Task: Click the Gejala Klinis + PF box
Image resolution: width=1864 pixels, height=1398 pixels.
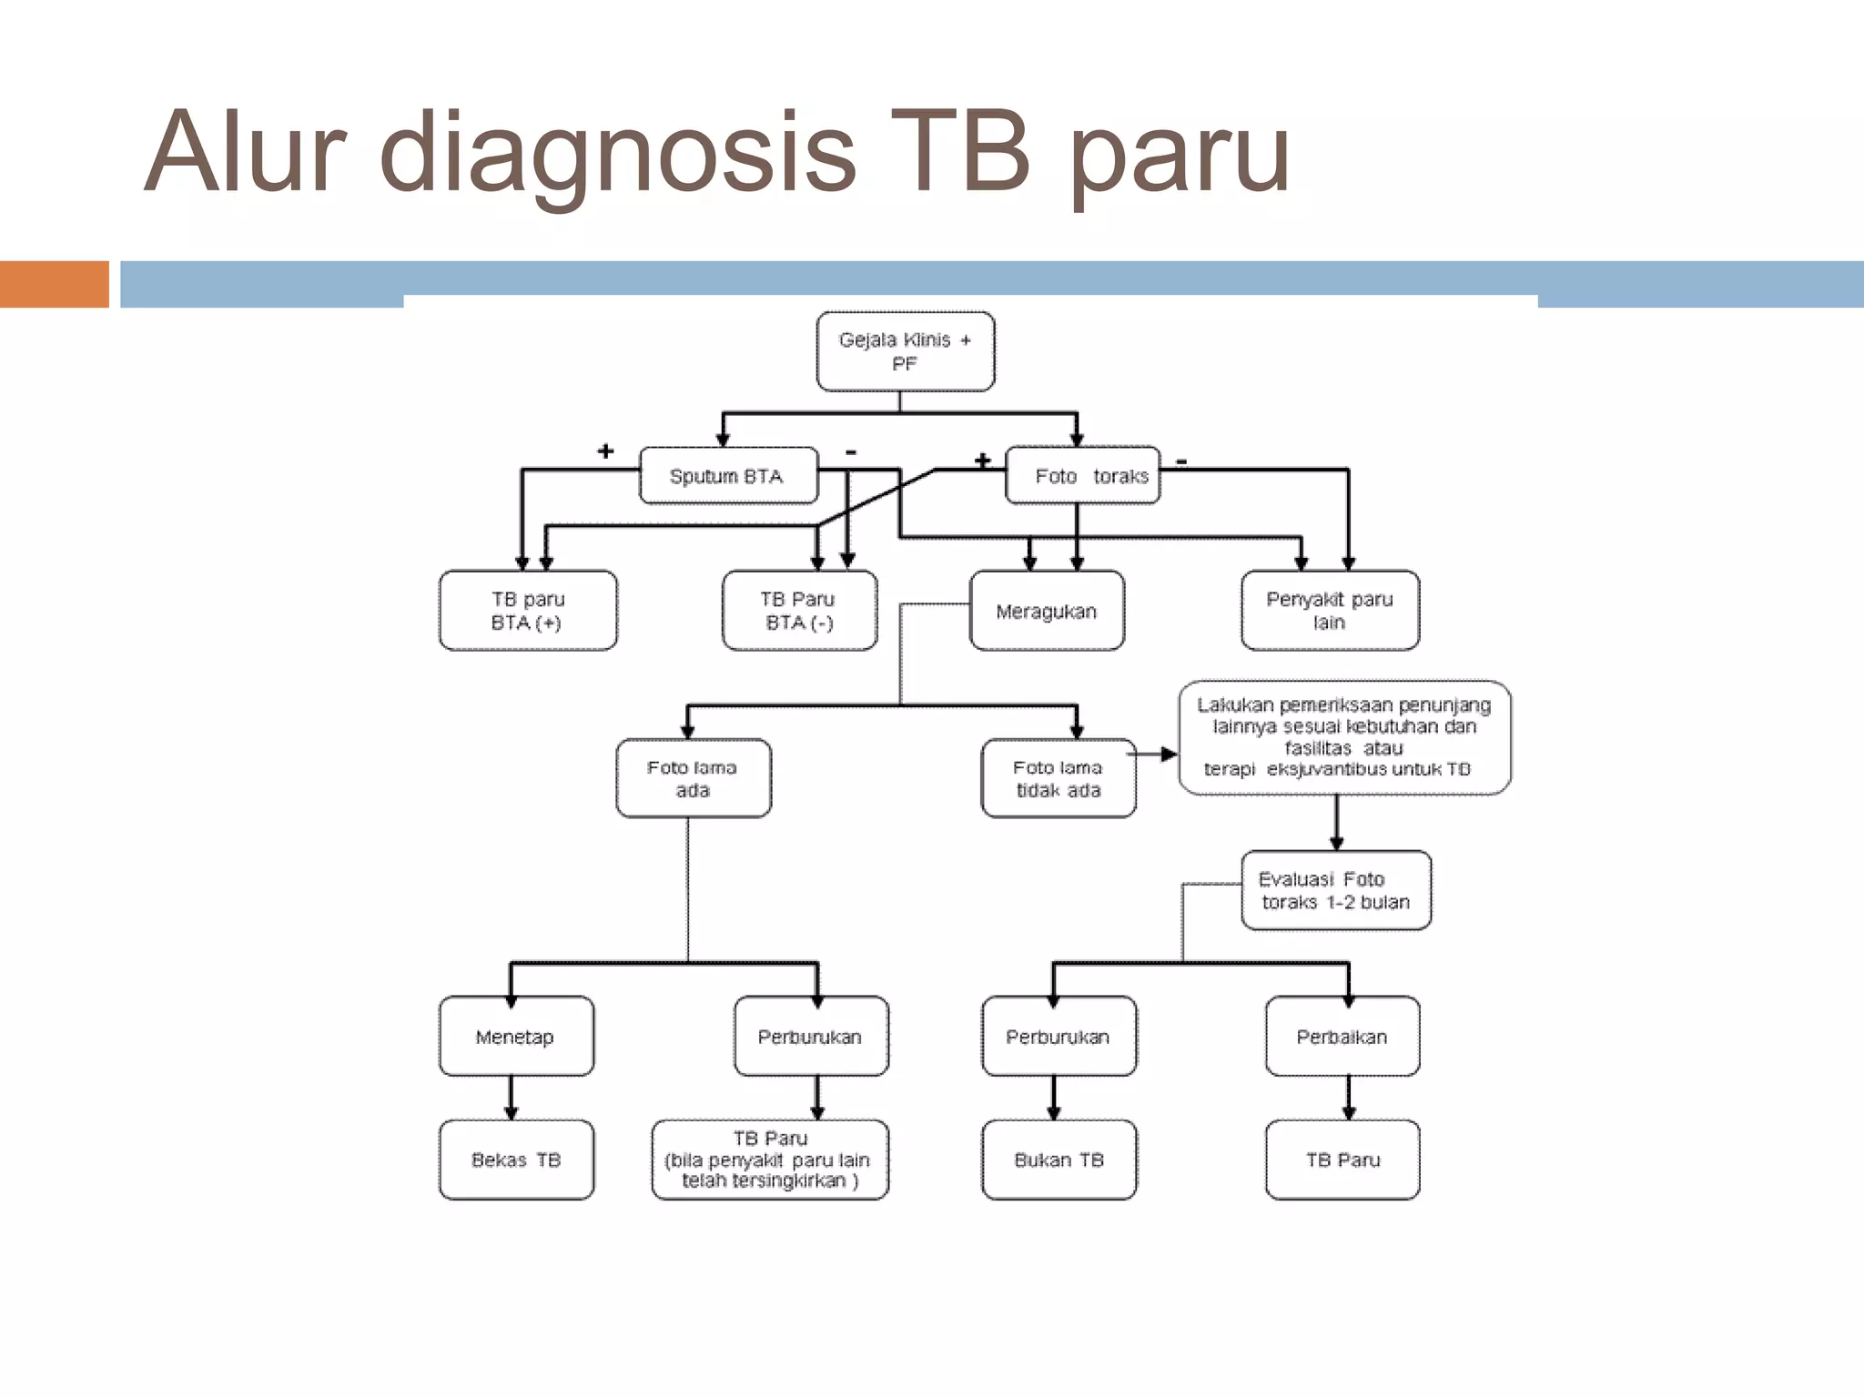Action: pos(905,351)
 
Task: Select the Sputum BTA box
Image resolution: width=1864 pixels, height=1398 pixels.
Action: pos(728,475)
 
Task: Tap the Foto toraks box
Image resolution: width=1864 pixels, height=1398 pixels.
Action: pos(1082,475)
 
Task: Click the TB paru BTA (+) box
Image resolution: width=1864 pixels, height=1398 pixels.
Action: pos(528,611)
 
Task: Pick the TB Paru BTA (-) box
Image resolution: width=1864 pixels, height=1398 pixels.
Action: pos(799,611)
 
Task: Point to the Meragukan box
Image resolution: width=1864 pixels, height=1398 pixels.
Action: pos(1047,611)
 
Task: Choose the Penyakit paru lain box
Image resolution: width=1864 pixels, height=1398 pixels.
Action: pos(1330,611)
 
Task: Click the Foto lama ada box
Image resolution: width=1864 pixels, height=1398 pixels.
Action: pos(693,778)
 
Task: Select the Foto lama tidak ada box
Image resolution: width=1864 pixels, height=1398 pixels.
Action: pos(1058,778)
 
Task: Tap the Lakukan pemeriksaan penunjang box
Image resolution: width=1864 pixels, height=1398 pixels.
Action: pos(1343,737)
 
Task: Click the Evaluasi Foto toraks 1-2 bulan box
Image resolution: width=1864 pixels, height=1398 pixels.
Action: pos(1335,890)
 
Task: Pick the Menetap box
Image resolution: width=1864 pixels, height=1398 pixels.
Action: pos(515,1036)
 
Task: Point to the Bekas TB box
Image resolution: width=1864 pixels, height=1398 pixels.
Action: pos(516,1160)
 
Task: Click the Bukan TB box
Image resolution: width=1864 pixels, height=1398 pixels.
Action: pos(1059,1160)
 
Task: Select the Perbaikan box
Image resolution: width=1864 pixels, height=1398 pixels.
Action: pos(1342,1036)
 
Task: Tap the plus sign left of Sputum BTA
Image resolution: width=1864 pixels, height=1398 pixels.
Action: pos(605,451)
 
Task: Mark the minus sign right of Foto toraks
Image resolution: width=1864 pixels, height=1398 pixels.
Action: pos(1181,461)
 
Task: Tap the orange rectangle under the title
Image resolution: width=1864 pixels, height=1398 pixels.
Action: pos(55,284)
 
